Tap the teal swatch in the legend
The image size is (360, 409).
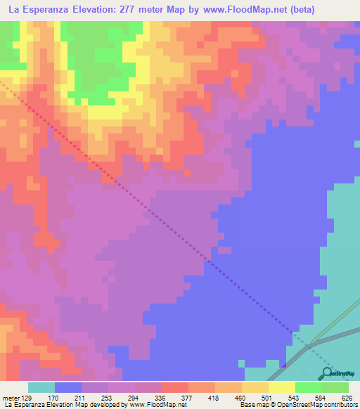[x=41, y=387]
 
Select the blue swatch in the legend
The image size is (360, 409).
[x=67, y=387]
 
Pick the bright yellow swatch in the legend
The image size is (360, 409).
[x=281, y=387]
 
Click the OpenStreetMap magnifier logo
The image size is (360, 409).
[x=328, y=372]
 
